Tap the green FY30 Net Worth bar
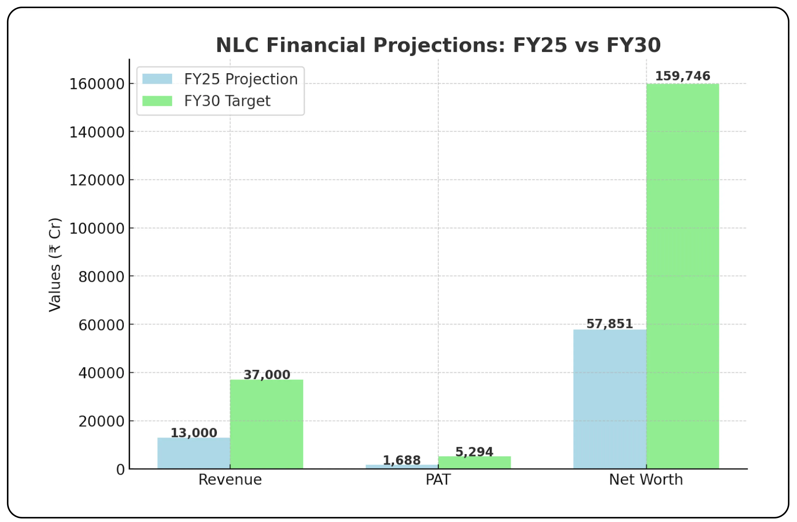682,276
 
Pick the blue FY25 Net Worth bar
610,399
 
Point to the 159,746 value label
682,76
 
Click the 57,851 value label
610,324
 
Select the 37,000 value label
266,375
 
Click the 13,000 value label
194,433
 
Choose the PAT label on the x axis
438,479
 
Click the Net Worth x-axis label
646,479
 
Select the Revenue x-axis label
230,479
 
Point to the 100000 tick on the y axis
97,229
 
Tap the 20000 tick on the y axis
101,421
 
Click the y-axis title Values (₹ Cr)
55,264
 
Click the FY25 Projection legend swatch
157,79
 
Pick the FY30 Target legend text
227,101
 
